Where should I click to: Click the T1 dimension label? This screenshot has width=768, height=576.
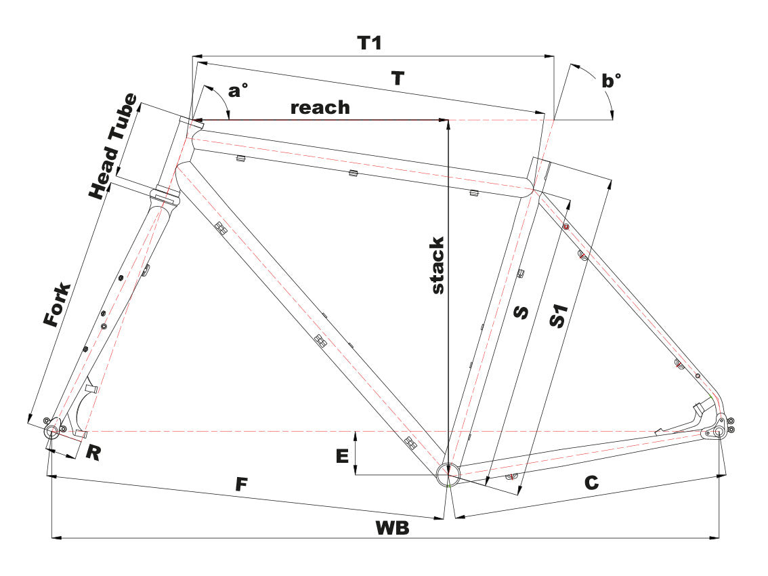[370, 43]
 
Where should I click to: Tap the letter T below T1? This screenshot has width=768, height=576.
[398, 78]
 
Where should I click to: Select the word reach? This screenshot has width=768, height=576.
[320, 107]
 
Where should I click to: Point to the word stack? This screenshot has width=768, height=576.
[438, 265]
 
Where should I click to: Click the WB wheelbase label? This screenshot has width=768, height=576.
[393, 529]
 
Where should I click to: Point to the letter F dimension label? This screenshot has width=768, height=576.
[240, 485]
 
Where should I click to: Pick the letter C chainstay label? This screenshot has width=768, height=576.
[591, 482]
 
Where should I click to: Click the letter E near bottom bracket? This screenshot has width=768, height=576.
[342, 456]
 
